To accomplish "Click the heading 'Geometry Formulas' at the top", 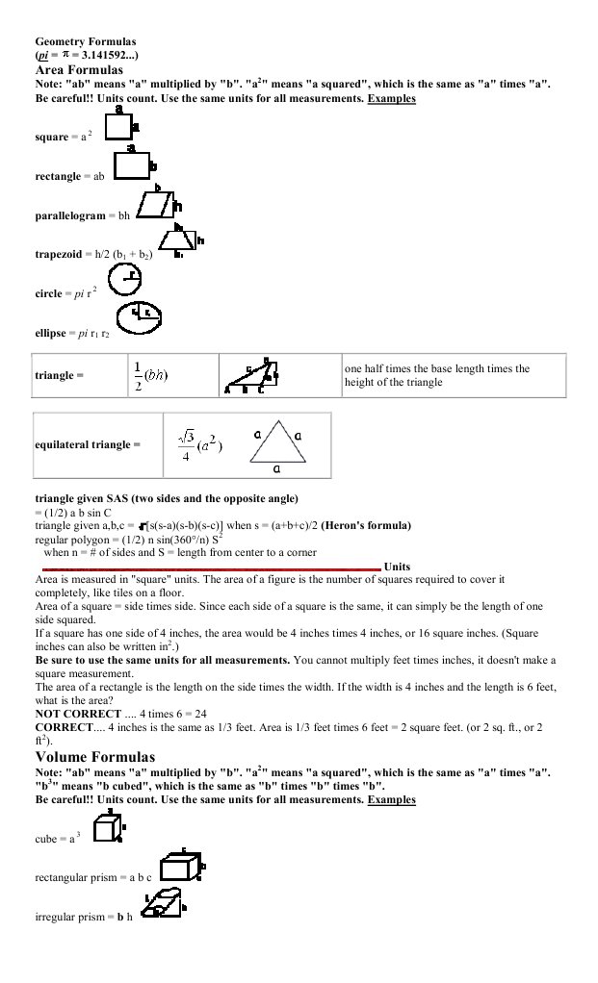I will (x=86, y=42).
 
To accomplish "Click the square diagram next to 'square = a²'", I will (x=118, y=127).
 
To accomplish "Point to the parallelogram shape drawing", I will (x=156, y=206).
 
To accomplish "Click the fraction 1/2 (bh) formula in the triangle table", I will (x=150, y=375).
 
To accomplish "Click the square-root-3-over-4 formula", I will (x=199, y=445).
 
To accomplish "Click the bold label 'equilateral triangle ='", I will (x=88, y=445).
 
